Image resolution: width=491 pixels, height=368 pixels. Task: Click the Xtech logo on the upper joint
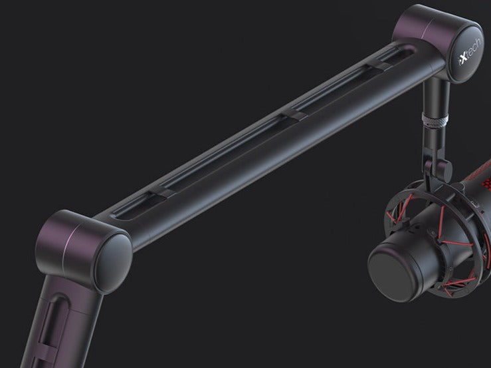click(470, 52)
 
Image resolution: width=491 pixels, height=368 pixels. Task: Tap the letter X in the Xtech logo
click(462, 59)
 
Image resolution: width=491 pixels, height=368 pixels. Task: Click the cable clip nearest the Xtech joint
click(379, 65)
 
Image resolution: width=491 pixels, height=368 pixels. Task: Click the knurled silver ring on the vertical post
click(435, 120)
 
